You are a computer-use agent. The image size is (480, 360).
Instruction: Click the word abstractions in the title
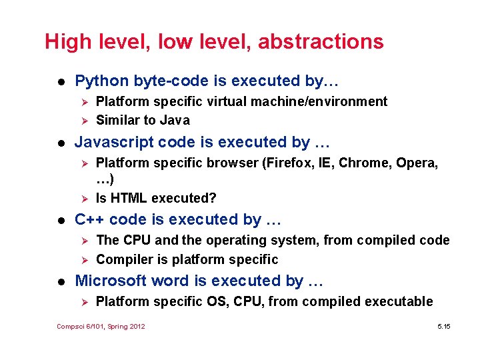point(321,42)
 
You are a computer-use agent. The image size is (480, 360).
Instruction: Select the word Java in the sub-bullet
point(176,121)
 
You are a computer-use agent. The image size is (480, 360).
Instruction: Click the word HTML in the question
point(129,198)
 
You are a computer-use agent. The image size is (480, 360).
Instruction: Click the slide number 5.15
point(444,326)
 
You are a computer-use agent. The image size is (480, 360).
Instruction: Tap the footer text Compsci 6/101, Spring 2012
point(101,326)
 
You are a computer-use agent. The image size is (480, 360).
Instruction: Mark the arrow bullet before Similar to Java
point(84,121)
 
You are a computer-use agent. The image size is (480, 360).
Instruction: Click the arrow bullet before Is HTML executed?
point(84,198)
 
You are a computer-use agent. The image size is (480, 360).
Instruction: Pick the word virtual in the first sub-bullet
point(226,101)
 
